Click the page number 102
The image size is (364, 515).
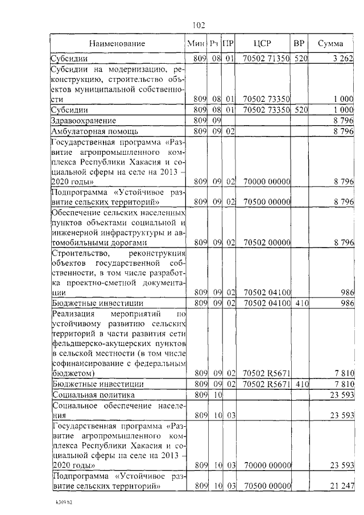coord(198,24)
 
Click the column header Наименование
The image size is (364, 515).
coord(117,43)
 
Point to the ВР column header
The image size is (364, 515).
coord(299,43)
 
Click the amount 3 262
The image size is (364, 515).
coord(343,58)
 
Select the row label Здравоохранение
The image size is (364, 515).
coord(84,121)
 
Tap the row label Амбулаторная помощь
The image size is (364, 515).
coord(93,131)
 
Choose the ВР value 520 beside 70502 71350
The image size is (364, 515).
coord(300,58)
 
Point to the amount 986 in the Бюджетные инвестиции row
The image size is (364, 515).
coord(347,303)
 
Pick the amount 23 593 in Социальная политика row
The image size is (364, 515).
coord(341,394)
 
